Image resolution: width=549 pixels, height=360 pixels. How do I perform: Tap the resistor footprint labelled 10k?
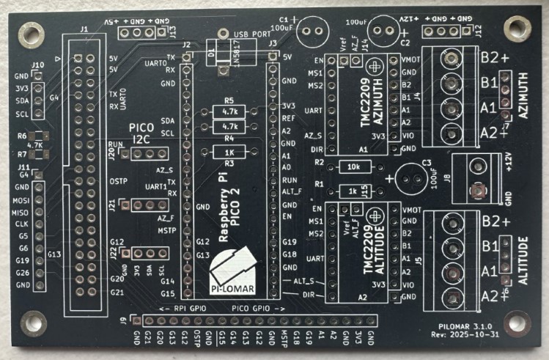coord(353,166)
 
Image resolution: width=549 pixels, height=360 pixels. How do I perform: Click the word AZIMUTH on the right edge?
coord(523,98)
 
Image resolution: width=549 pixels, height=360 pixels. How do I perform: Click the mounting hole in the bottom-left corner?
coord(34,321)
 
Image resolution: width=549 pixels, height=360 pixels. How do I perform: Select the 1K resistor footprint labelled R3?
coord(229,152)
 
